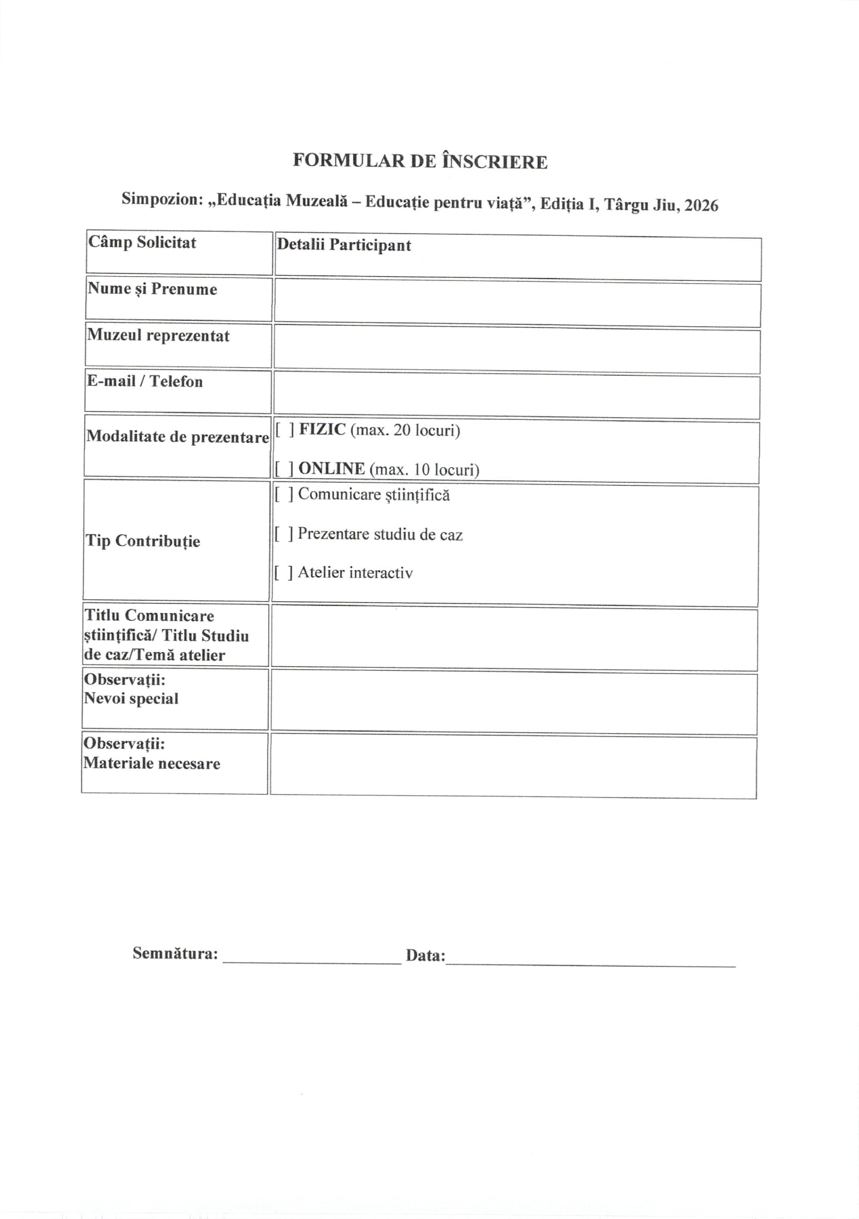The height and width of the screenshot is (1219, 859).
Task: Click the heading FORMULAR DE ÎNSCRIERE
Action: pos(420,161)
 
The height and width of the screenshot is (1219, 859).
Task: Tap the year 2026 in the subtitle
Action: pos(701,206)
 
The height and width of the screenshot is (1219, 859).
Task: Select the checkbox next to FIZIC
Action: pos(284,430)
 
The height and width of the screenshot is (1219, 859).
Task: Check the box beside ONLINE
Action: pos(283,469)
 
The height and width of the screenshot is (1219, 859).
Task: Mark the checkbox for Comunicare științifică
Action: pos(283,495)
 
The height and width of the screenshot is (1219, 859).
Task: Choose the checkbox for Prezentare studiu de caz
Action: pos(283,534)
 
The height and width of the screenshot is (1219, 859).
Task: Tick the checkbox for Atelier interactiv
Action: pos(283,573)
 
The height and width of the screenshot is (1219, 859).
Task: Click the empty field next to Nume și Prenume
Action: pos(516,305)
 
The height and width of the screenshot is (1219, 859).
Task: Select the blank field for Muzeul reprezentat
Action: pos(516,352)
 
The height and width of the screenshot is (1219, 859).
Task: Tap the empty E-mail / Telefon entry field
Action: pos(516,398)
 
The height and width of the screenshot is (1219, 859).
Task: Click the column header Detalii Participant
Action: pos(344,245)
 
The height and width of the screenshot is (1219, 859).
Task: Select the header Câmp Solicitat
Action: pos(142,242)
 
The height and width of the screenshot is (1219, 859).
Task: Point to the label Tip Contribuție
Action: pos(143,541)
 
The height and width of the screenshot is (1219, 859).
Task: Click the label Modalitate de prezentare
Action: pos(177,437)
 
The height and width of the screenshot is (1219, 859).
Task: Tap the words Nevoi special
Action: pos(131,699)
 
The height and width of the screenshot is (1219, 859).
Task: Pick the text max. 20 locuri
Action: pos(405,430)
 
